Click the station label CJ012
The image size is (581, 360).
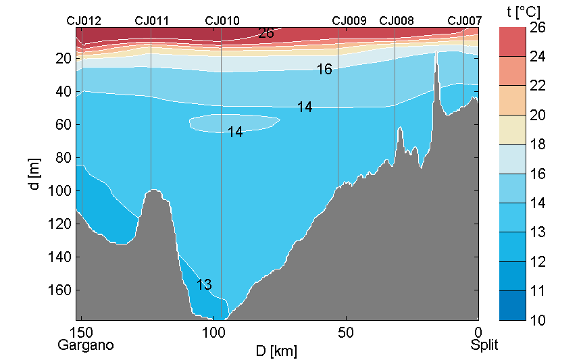[x=84, y=21]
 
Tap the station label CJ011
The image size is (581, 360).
[x=152, y=21]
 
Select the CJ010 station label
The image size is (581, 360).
[x=222, y=21]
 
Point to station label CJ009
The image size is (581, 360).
[x=349, y=21]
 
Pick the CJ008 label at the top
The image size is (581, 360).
[x=397, y=21]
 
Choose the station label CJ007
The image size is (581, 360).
[x=465, y=21]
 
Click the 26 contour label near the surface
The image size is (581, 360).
[x=266, y=33]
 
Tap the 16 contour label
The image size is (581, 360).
[x=324, y=70]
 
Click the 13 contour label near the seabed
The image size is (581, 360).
[x=205, y=284]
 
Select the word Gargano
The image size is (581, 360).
[x=86, y=345]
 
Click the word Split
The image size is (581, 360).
[x=484, y=345]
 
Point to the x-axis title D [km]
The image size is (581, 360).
[x=276, y=351]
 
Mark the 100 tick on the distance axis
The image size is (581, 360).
[x=213, y=332]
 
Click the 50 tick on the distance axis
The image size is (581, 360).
[x=346, y=332]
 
